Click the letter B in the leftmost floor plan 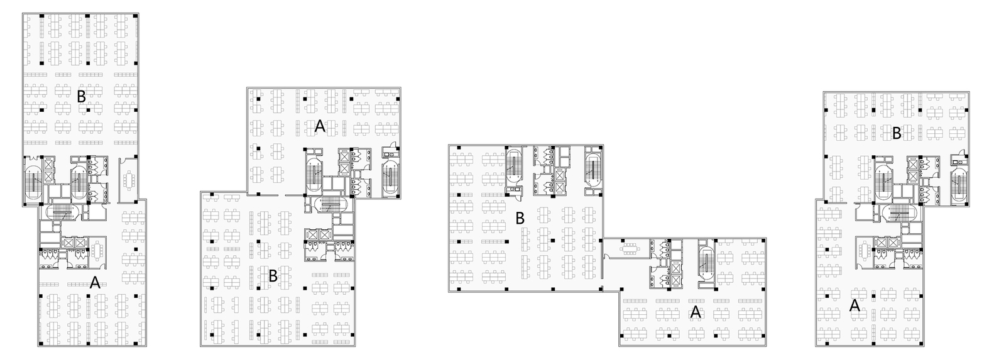[81, 96]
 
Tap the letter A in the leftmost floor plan [95, 283]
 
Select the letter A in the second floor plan [320, 127]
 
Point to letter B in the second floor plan [273, 276]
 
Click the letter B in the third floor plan [520, 218]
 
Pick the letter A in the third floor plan [696, 312]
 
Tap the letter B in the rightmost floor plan [897, 133]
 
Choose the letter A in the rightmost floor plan [855, 305]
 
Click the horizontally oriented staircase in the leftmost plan [61, 212]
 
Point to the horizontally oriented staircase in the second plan [329, 204]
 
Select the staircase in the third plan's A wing [706, 261]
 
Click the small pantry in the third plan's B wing [514, 191]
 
